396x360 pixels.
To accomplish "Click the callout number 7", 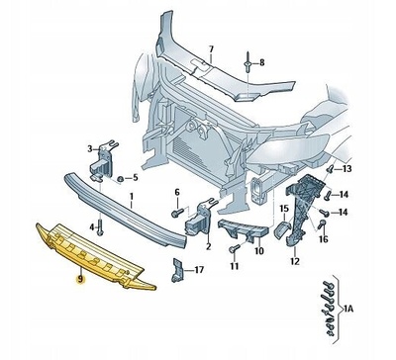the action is click(x=211, y=49).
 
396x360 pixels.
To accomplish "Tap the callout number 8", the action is click(x=262, y=62).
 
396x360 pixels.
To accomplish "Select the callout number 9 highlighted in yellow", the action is click(x=79, y=280).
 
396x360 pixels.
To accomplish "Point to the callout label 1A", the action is click(x=348, y=310).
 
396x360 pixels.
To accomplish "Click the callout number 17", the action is click(x=199, y=270).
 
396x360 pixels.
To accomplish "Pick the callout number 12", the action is click(x=295, y=262).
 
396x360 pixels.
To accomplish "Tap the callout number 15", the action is click(x=284, y=209).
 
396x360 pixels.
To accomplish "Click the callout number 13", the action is click(x=346, y=169).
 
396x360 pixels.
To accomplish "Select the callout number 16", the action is click(x=324, y=239).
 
